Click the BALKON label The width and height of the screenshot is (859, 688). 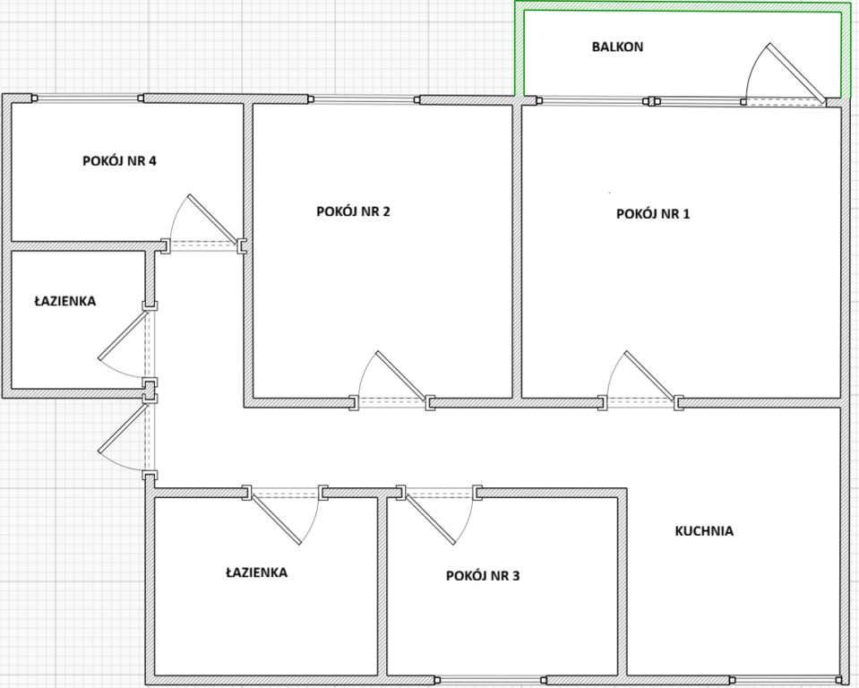617,47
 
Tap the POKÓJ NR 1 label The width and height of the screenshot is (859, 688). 653,213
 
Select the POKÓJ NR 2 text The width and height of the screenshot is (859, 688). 353,211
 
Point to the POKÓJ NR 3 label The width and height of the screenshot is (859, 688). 483,576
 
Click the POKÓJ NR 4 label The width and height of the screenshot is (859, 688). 119,161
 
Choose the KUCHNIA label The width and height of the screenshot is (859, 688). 704,531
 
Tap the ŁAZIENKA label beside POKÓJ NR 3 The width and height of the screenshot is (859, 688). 256,572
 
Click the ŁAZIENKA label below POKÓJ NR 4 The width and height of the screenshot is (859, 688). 65,301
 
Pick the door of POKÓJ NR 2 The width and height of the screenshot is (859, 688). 401,375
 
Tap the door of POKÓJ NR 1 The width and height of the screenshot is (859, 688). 649,375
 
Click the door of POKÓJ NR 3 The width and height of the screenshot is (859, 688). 430,518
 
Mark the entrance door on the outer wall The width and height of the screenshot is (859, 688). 124,428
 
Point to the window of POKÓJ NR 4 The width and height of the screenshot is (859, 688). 88,99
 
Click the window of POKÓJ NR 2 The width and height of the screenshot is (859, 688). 364,99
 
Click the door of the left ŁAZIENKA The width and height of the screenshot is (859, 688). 124,335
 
